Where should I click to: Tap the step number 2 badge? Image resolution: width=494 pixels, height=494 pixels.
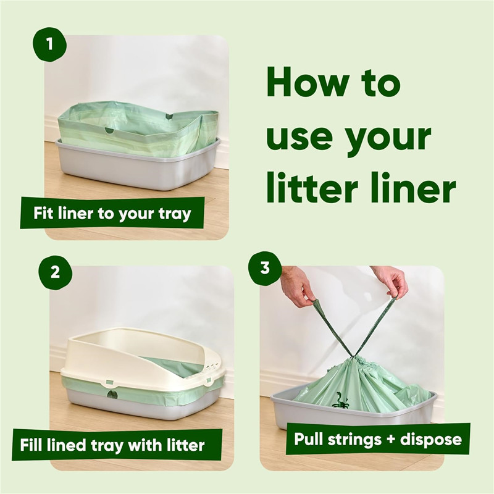pyautogui.click(x=55, y=272)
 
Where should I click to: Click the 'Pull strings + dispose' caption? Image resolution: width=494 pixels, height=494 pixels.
pyautogui.click(x=378, y=439)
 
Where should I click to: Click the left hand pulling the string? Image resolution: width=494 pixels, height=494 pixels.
pyautogui.click(x=298, y=286)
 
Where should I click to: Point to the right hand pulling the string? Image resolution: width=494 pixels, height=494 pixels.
pyautogui.click(x=390, y=281)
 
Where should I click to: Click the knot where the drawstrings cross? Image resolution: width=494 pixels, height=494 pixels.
pyautogui.click(x=353, y=356)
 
